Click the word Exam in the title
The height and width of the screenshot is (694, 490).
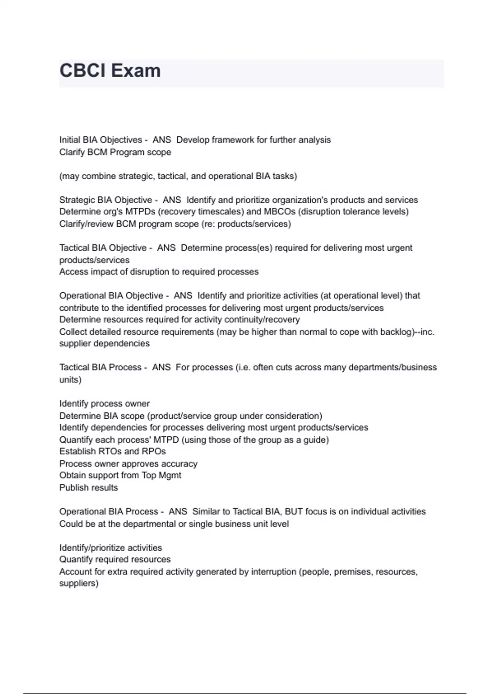136,71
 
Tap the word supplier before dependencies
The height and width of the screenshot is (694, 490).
75,344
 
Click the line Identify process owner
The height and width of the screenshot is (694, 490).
105,404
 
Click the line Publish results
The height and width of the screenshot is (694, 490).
89,488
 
